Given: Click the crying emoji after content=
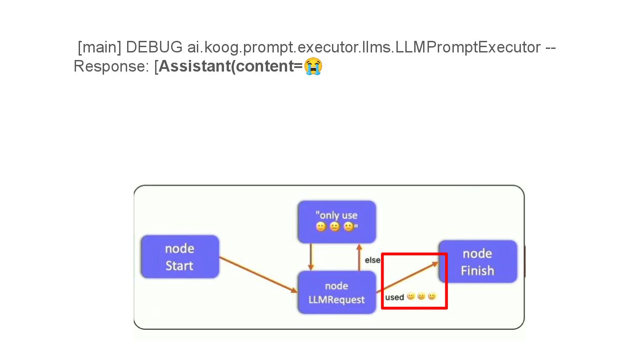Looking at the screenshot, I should click(313, 66).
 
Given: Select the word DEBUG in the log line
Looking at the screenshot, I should click(154, 47).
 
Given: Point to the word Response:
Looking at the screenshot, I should click(112, 66).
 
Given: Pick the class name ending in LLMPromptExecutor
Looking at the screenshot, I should click(364, 47).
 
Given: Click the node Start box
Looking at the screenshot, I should click(180, 257).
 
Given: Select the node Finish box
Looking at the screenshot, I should click(478, 262).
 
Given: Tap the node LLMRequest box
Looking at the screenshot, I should click(336, 292).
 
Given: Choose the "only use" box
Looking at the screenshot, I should click(336, 221).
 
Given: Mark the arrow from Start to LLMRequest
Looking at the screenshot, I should click(258, 274).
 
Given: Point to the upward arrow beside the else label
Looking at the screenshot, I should click(359, 257).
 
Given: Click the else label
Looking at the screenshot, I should click(372, 260).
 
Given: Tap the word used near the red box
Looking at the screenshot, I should click(394, 297).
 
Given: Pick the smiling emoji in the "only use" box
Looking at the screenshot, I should click(320, 227).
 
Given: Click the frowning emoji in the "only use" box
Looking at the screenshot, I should click(349, 227).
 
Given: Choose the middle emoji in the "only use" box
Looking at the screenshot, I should click(335, 227).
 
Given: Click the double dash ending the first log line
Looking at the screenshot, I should click(550, 47).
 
